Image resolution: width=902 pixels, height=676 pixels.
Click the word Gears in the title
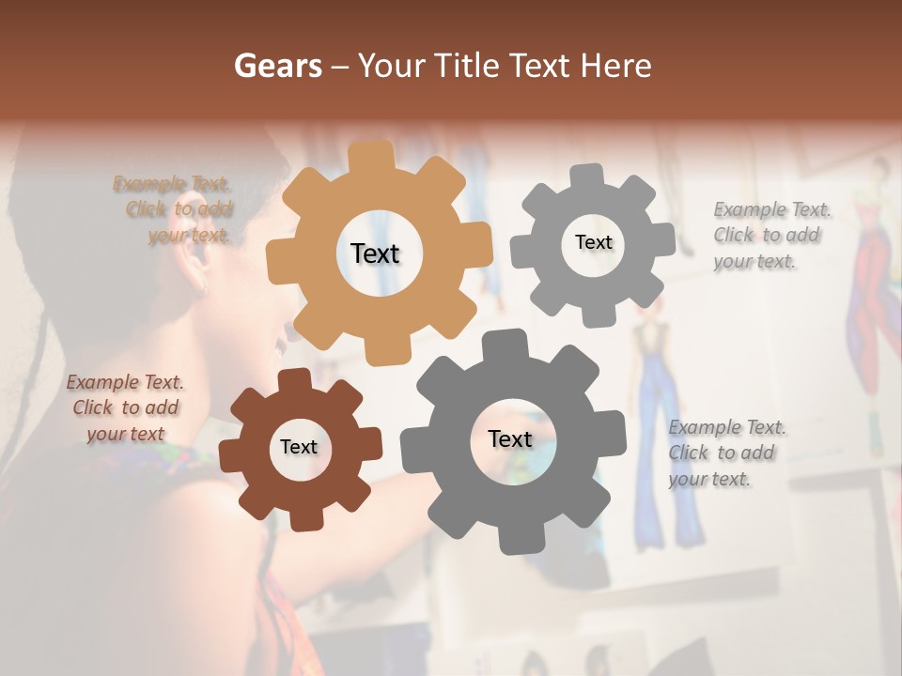tap(277, 66)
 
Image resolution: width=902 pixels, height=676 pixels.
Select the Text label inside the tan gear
tap(375, 253)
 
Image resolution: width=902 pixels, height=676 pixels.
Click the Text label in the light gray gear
tap(593, 242)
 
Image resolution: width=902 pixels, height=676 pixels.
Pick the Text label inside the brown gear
tap(299, 447)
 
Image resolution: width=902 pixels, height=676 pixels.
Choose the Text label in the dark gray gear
tap(510, 439)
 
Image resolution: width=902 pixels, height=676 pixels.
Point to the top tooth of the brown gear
tap(294, 379)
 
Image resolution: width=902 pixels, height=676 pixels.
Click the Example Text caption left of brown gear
tap(125, 407)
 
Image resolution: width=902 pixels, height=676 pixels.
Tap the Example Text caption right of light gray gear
tap(770, 235)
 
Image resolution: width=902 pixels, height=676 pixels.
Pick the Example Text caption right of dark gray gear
tap(725, 453)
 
